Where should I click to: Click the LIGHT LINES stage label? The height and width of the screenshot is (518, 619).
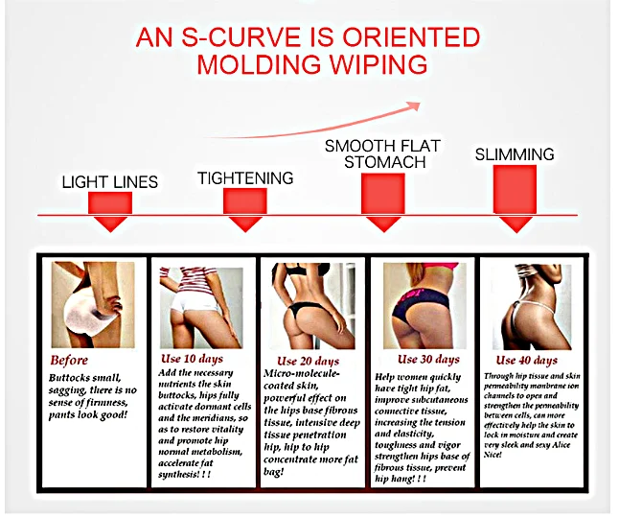point(109,181)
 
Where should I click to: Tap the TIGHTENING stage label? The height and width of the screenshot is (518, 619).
point(245,177)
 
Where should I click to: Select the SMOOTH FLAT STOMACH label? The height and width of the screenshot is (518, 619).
point(375,153)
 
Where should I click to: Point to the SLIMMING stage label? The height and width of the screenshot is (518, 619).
point(516,154)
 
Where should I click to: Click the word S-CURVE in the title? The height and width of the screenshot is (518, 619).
point(240,38)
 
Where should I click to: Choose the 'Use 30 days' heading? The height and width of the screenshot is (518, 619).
point(428,359)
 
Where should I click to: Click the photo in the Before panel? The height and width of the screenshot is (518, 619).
point(93,305)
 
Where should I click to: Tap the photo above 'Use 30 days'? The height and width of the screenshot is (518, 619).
point(423,305)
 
